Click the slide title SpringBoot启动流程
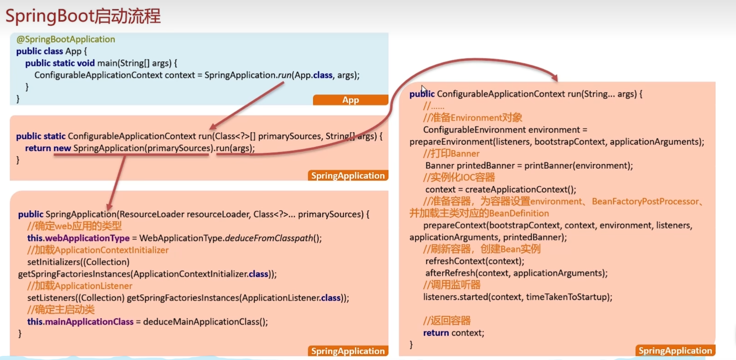coord(83,16)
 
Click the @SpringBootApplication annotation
coord(66,40)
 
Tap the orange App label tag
coord(351,100)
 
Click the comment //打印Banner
coord(451,154)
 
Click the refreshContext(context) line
coord(475,261)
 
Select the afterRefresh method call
coord(517,273)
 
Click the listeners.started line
coord(518,297)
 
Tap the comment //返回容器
coord(447,320)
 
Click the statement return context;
coord(454,333)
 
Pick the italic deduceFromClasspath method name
coord(269,238)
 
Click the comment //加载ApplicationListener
coord(80,286)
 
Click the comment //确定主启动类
coord(61,309)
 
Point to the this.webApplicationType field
coord(79,238)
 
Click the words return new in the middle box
coord(48,148)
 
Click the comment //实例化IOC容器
coord(459,177)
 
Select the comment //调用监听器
coord(452,285)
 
